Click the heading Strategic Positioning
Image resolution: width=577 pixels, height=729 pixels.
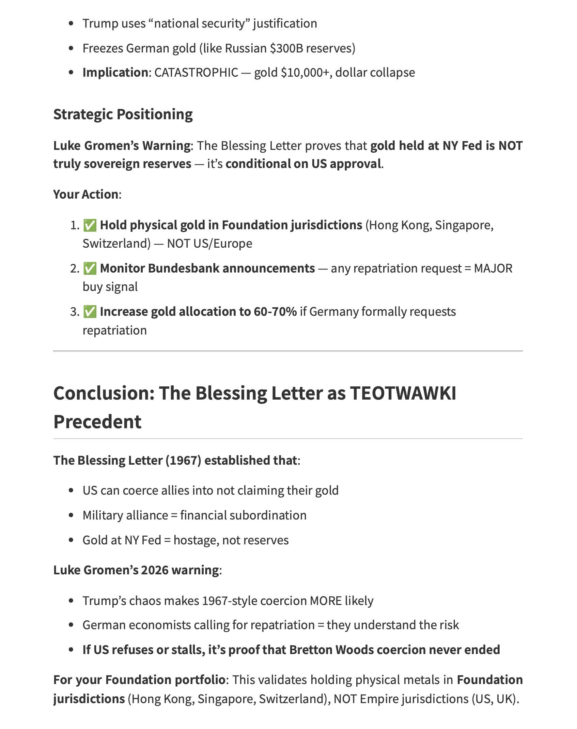123,114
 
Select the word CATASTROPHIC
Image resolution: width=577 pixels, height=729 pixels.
196,73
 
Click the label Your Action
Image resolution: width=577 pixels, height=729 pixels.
86,195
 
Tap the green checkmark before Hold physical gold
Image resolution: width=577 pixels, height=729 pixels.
90,225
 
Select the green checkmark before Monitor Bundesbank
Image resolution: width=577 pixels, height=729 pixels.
90,268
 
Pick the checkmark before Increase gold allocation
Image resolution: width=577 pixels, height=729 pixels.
90,312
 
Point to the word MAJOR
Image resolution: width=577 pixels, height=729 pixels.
493,268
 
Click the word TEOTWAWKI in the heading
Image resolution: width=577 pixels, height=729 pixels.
403,393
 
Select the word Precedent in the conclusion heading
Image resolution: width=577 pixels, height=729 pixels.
97,422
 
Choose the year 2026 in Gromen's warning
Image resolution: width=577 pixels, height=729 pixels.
155,570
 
